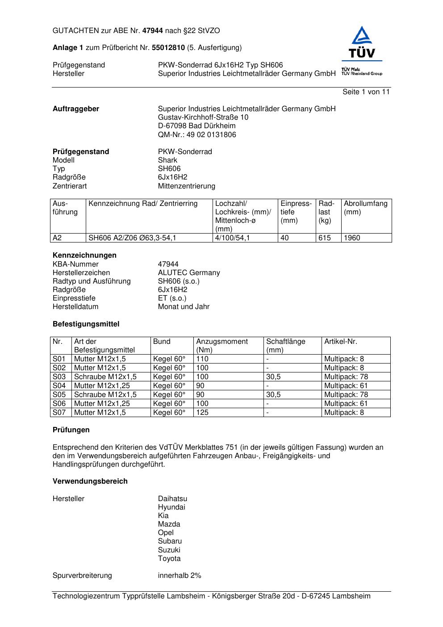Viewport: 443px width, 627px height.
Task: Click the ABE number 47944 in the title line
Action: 153,31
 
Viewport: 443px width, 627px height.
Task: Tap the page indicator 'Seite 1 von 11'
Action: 366,92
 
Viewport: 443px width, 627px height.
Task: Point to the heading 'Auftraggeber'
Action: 76,109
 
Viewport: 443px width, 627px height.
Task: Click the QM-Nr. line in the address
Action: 197,135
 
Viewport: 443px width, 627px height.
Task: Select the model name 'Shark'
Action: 167,160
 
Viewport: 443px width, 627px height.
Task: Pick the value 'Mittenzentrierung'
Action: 186,186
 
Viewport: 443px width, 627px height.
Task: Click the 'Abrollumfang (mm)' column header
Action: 365,208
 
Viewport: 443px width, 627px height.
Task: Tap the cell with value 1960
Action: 352,238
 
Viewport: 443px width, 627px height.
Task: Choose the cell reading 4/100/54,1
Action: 232,238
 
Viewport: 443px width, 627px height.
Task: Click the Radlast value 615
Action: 325,238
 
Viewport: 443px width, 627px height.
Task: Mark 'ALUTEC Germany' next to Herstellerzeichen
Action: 189,273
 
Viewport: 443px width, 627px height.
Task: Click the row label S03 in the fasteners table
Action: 59,377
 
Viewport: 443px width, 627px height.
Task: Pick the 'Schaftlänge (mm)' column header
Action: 286,346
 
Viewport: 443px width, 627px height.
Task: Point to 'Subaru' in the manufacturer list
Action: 170,541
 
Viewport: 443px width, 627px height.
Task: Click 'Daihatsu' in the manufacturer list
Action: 172,499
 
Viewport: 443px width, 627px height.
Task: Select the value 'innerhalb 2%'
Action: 180,576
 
